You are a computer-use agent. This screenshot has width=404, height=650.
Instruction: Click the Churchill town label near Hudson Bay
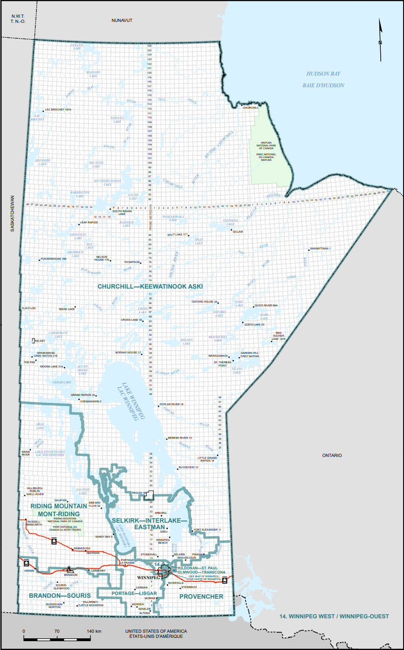[x=250, y=108]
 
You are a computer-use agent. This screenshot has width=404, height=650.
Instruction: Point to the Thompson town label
[x=132, y=262]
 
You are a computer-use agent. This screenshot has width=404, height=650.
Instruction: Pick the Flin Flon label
[x=28, y=309]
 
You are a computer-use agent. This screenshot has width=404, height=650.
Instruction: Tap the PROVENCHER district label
[x=201, y=596]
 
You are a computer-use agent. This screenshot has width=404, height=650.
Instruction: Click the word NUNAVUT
[x=122, y=21]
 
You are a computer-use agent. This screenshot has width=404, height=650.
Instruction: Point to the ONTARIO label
[x=332, y=455]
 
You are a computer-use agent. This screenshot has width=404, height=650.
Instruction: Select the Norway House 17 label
[x=128, y=353]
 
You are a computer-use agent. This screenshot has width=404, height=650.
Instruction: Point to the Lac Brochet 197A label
[x=59, y=111]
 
